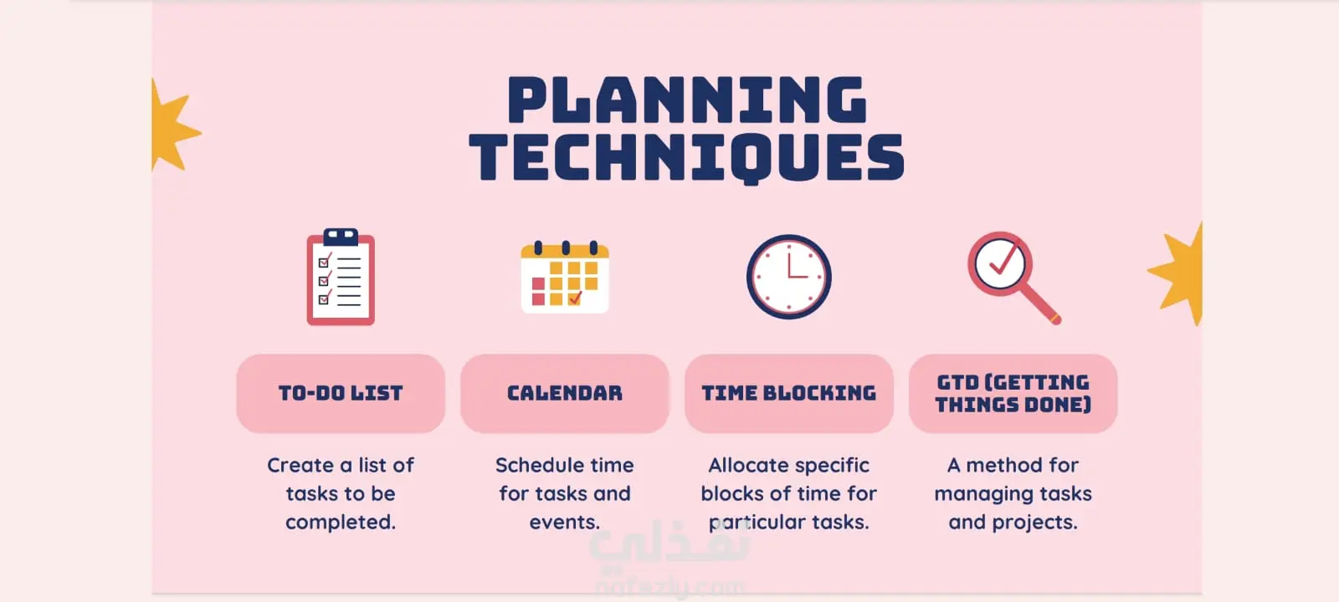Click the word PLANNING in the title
(x=687, y=99)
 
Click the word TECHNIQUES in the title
(x=687, y=158)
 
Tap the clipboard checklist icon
(x=341, y=277)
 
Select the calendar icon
(x=565, y=277)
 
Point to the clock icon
(x=789, y=277)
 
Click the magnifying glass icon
(x=1014, y=278)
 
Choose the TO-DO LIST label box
(x=341, y=394)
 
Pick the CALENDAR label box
(x=565, y=394)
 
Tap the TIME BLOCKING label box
(x=789, y=394)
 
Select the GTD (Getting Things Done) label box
(x=1013, y=394)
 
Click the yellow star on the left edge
(x=172, y=126)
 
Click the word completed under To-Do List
(x=340, y=523)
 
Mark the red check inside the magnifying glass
(x=1005, y=258)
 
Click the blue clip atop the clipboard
(x=341, y=237)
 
